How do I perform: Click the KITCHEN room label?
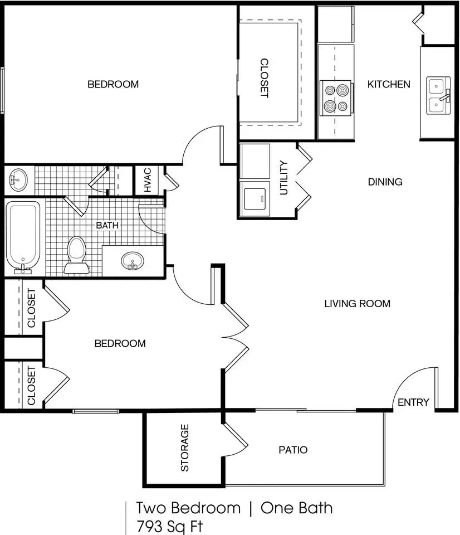(x=389, y=84)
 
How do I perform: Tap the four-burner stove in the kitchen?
(x=336, y=98)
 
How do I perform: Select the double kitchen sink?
(x=438, y=95)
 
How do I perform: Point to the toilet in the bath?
(x=77, y=255)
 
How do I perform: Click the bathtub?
(x=23, y=237)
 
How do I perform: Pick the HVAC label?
(x=148, y=180)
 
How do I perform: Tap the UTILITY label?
(x=283, y=178)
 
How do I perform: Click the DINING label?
(x=385, y=182)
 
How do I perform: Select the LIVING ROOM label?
(x=357, y=304)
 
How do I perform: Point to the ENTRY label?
(x=413, y=402)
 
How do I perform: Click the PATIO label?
(x=293, y=450)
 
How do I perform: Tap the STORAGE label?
(x=184, y=448)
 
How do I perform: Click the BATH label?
(x=107, y=225)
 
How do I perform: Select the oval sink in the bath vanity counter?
(x=133, y=261)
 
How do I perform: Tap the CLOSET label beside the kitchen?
(x=265, y=78)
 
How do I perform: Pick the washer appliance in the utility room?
(x=255, y=198)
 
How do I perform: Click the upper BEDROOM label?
(x=113, y=84)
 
